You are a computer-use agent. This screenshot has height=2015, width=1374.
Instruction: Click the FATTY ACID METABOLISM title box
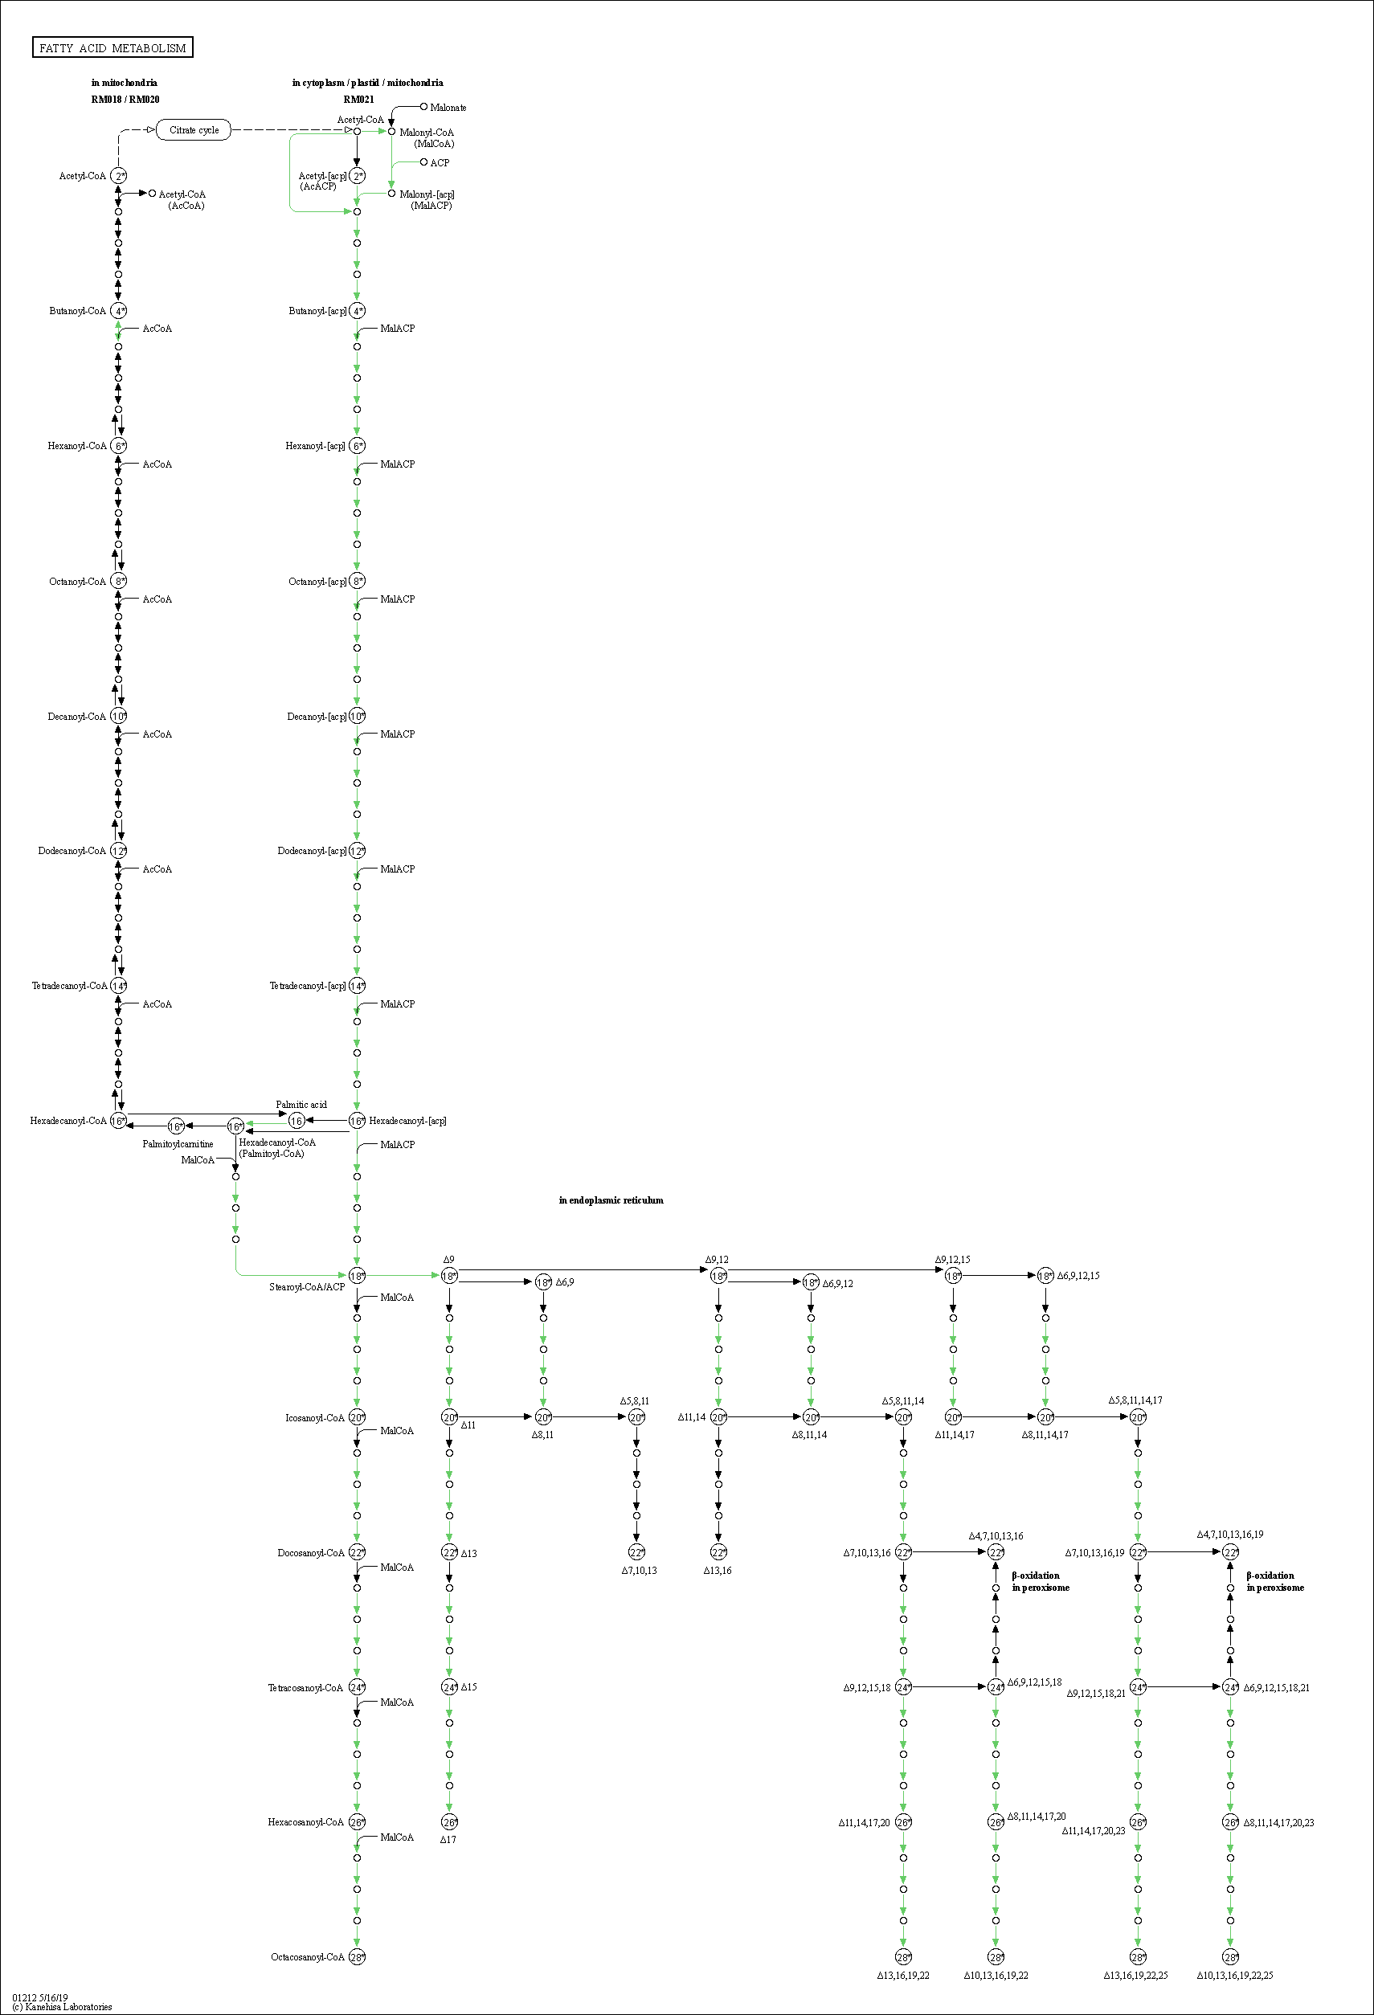click(x=112, y=47)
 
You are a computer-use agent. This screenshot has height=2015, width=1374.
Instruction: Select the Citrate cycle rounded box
click(x=194, y=130)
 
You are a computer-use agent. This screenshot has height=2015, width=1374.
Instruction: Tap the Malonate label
click(x=448, y=108)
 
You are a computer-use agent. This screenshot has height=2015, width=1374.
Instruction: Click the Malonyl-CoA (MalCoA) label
click(x=427, y=138)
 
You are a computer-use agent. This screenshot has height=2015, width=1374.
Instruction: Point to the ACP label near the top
click(x=440, y=163)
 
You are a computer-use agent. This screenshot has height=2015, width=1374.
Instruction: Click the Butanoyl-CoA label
click(x=77, y=311)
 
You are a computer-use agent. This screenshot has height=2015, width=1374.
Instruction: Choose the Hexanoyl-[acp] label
click(x=315, y=447)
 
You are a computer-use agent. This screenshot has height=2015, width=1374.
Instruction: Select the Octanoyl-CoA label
click(x=77, y=582)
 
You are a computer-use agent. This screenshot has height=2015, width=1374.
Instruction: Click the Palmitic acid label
click(x=301, y=1105)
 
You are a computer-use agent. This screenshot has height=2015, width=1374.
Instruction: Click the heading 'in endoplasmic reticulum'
click(x=611, y=1201)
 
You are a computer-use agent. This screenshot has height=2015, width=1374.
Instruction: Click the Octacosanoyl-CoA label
click(x=308, y=1958)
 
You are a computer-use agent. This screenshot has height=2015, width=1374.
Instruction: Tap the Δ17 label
click(x=448, y=1840)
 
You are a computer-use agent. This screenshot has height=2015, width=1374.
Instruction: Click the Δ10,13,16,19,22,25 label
click(x=1234, y=1976)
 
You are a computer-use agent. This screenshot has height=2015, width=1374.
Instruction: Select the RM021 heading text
click(x=359, y=100)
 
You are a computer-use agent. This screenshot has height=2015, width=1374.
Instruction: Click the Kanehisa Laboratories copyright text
click(x=63, y=2007)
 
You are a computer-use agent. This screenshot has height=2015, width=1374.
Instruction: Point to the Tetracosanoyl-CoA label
click(x=305, y=1688)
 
